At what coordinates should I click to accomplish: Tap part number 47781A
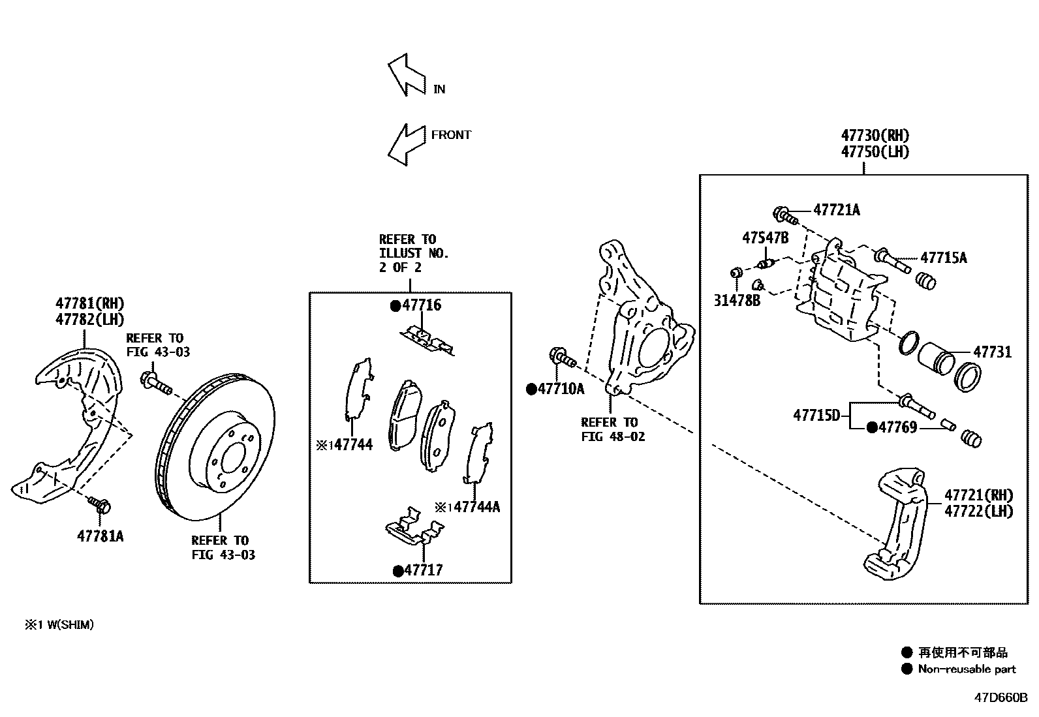100,536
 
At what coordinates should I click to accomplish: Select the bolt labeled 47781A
101,504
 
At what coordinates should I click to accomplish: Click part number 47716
421,305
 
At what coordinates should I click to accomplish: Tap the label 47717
422,570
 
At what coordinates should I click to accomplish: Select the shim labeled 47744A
480,453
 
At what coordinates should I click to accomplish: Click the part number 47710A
561,389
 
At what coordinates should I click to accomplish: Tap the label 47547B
765,237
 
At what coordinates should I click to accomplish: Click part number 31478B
737,301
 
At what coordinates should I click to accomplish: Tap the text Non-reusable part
967,669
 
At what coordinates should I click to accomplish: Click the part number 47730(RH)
875,136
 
